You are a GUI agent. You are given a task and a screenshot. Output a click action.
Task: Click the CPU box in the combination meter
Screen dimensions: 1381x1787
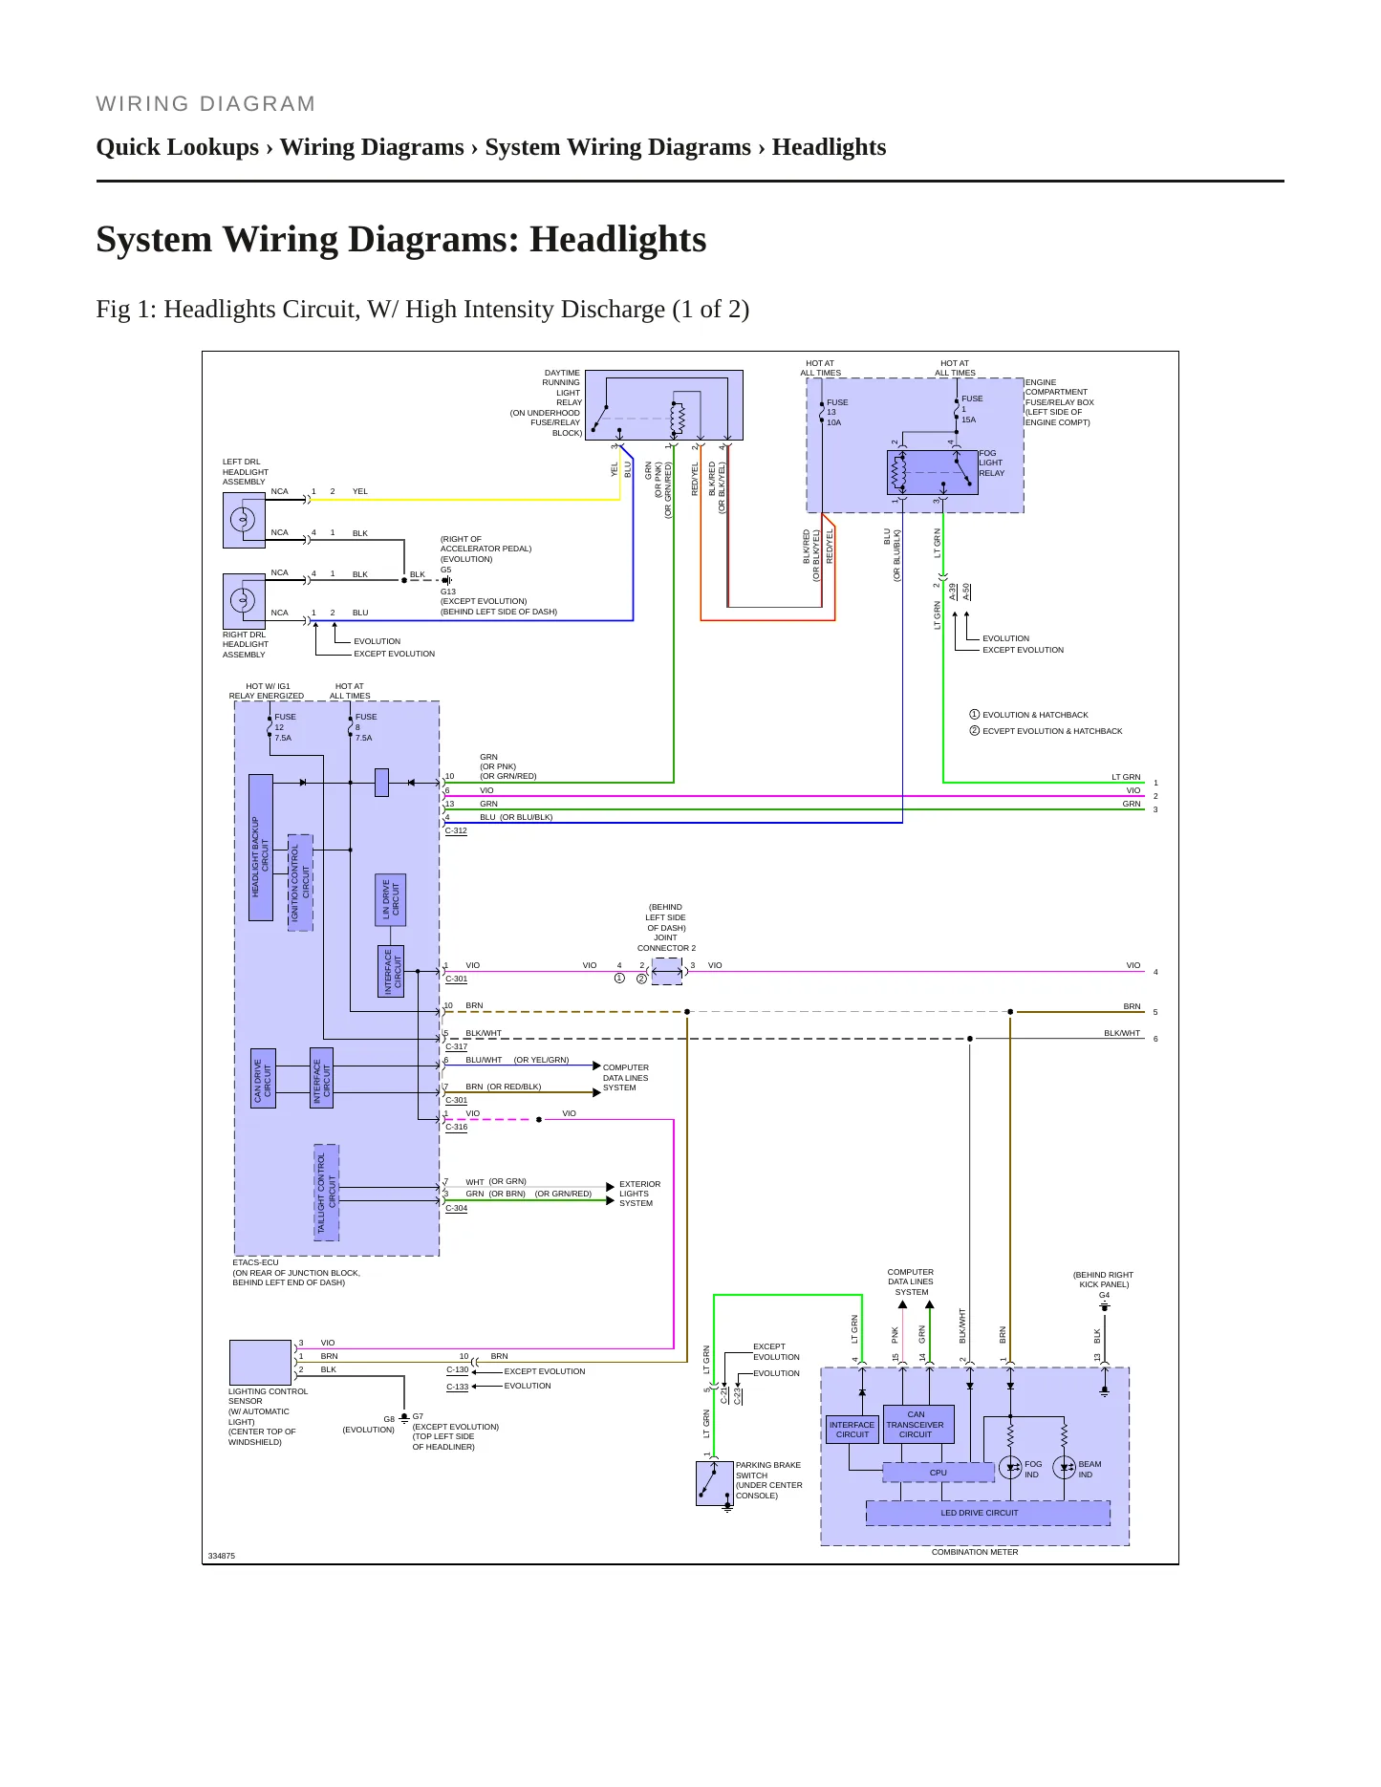(x=938, y=1473)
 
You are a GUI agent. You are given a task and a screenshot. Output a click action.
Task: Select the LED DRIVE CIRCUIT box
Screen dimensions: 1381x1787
(x=987, y=1513)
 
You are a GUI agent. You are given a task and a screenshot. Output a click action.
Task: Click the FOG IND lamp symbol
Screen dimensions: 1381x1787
(x=1010, y=1468)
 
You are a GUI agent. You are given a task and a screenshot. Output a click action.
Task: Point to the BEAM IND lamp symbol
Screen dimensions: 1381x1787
(x=1064, y=1468)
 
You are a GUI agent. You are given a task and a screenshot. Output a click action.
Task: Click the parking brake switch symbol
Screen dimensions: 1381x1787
(x=714, y=1483)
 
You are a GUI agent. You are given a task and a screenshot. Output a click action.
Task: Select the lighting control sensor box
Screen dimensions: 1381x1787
(x=260, y=1362)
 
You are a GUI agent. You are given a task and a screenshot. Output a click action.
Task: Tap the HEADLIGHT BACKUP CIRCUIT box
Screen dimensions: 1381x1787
(x=260, y=848)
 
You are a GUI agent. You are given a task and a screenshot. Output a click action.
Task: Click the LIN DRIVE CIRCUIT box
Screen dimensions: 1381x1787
(x=392, y=899)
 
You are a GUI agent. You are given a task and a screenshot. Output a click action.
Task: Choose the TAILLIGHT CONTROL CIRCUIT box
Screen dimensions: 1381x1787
(x=327, y=1193)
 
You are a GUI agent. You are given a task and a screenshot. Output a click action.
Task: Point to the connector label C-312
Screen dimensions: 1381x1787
(x=456, y=831)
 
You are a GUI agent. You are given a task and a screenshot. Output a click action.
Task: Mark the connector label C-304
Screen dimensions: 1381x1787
(x=456, y=1209)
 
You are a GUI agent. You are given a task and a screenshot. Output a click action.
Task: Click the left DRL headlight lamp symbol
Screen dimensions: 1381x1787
(x=243, y=520)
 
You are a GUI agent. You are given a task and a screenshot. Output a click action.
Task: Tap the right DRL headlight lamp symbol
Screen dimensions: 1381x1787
(x=243, y=600)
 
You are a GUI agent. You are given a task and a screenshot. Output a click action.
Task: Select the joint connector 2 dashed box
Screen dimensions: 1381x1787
(x=667, y=971)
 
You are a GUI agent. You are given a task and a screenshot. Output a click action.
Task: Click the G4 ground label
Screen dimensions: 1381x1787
(x=1104, y=1296)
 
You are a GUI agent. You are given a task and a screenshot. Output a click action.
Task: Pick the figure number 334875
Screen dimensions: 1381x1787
(x=222, y=1556)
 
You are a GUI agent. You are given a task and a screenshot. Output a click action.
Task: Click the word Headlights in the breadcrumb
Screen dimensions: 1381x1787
(x=829, y=147)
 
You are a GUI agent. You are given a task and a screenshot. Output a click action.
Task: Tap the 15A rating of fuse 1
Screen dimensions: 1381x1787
(x=969, y=420)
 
